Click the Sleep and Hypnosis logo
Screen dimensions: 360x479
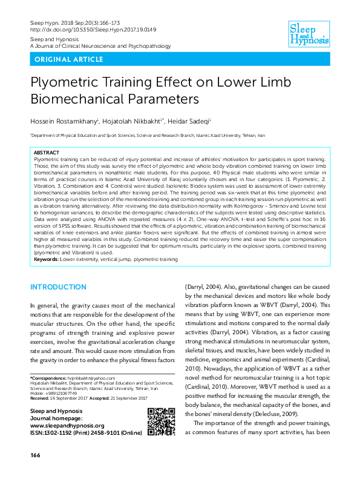309,32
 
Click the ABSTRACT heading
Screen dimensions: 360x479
47,153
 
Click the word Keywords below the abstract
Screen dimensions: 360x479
48,259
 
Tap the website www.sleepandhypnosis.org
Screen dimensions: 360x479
67,426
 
